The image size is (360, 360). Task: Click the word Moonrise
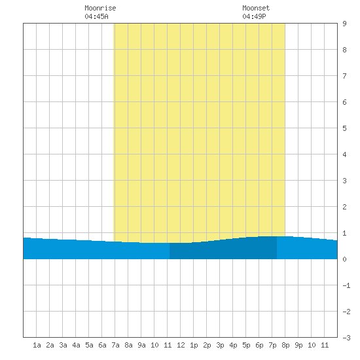point(100,8)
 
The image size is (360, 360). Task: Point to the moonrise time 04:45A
point(96,16)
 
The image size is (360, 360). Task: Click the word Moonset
point(256,8)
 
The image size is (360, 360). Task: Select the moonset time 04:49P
point(254,16)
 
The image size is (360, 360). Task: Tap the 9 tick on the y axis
point(344,24)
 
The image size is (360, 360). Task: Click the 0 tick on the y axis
point(344,259)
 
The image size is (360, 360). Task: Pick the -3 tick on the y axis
point(346,338)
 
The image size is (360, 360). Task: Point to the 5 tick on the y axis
point(344,128)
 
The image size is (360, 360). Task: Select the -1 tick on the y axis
point(346,285)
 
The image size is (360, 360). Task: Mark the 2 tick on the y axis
point(344,207)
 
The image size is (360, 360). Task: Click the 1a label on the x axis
point(37,345)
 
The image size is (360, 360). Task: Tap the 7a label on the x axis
point(115,345)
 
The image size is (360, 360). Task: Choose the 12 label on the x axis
point(181,345)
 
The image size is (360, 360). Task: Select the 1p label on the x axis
point(194,345)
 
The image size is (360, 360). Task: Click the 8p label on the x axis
point(285,345)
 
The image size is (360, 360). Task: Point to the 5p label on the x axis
point(246,345)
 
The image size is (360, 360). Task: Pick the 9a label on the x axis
point(141,345)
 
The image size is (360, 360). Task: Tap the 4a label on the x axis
point(76,345)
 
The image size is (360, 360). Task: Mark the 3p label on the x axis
point(220,345)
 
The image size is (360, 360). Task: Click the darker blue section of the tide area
point(223,249)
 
